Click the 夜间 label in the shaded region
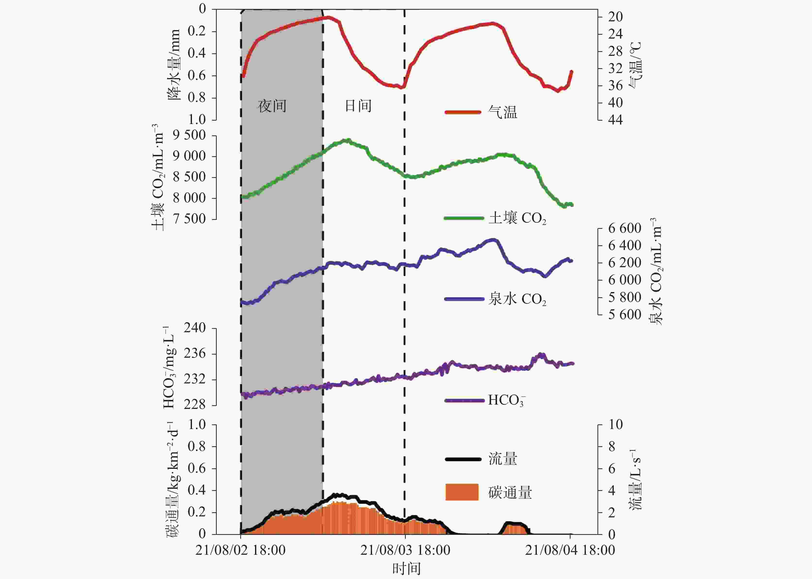(x=272, y=106)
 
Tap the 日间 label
(x=358, y=106)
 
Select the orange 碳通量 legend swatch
(x=462, y=492)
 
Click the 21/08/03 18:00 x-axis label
(x=405, y=550)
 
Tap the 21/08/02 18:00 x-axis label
(x=240, y=550)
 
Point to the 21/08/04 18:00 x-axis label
(x=570, y=550)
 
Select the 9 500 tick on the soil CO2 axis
(x=189, y=135)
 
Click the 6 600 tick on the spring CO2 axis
(x=624, y=228)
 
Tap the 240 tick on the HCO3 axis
(x=195, y=328)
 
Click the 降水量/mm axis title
(x=174, y=64)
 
